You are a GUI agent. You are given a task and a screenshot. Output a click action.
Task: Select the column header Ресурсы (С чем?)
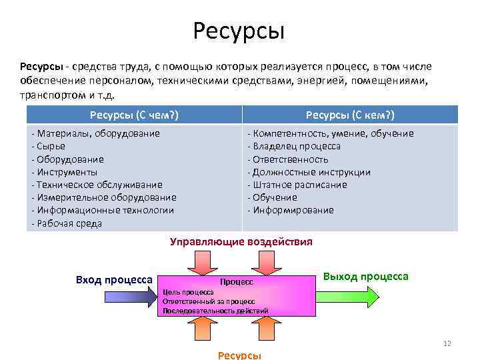(x=134, y=114)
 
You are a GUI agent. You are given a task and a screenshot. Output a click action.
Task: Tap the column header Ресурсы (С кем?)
(x=350, y=114)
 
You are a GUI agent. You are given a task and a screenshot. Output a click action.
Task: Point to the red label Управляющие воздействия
(x=241, y=241)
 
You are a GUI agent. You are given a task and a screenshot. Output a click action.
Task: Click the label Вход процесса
(x=114, y=279)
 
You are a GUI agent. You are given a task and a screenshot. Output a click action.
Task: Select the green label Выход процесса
(x=365, y=276)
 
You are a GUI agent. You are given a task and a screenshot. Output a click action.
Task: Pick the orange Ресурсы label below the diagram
(x=239, y=355)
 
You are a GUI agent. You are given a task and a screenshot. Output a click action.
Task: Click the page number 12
(x=447, y=343)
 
